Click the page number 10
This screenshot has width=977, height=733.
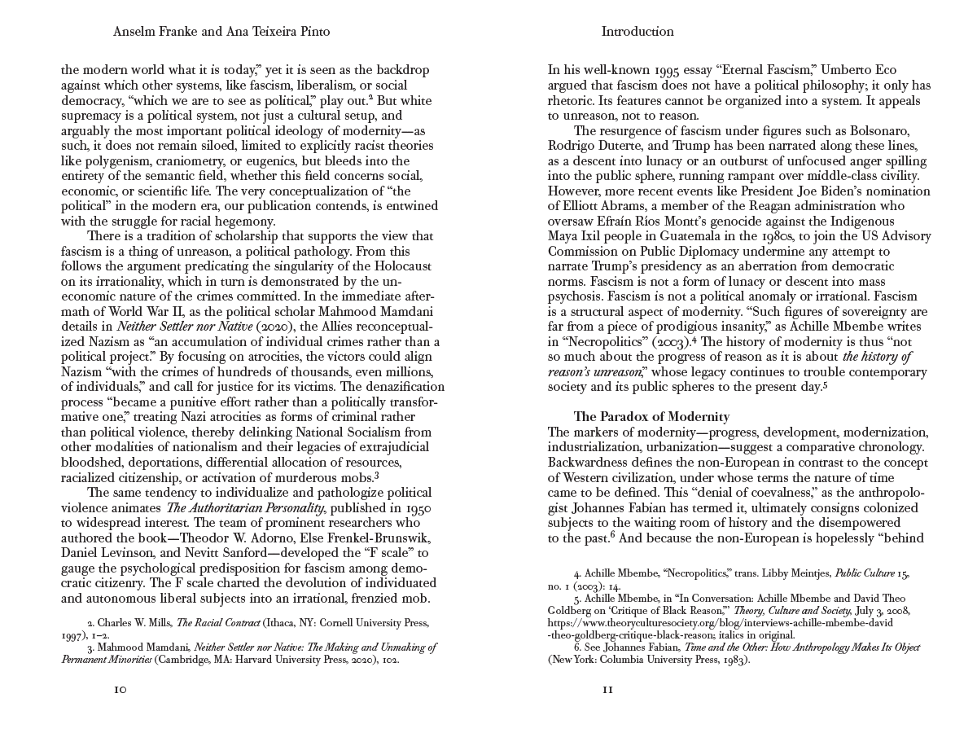click(x=120, y=689)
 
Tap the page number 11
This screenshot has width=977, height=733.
click(x=607, y=689)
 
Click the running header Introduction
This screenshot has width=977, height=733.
click(x=637, y=32)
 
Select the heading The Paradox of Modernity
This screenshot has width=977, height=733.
click(x=651, y=416)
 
